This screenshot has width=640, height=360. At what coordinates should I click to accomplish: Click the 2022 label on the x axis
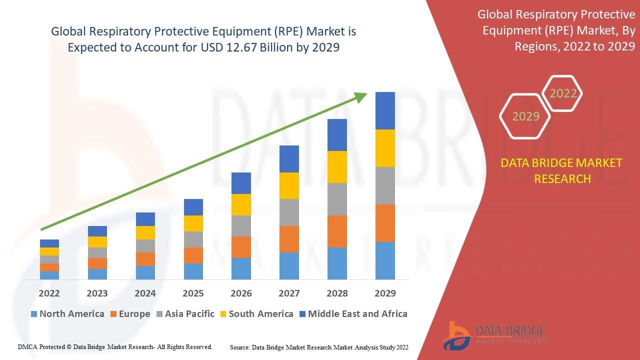(49, 293)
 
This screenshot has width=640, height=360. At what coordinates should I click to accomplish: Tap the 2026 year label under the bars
(241, 293)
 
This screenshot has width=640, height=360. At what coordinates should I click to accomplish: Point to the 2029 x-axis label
(385, 293)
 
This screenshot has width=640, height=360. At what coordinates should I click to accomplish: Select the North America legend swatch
(34, 314)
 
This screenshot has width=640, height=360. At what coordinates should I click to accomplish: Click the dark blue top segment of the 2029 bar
(385, 110)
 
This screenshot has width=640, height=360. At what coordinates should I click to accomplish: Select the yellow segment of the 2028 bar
(337, 167)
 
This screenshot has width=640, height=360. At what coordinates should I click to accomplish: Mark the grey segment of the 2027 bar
(289, 212)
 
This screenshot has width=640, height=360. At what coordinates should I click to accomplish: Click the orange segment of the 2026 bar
(241, 247)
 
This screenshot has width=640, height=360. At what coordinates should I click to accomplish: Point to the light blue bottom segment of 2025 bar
(193, 271)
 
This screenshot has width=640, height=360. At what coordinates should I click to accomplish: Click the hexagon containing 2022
(563, 93)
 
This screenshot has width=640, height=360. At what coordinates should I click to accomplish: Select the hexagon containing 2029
(525, 116)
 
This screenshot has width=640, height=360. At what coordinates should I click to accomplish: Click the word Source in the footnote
(240, 347)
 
